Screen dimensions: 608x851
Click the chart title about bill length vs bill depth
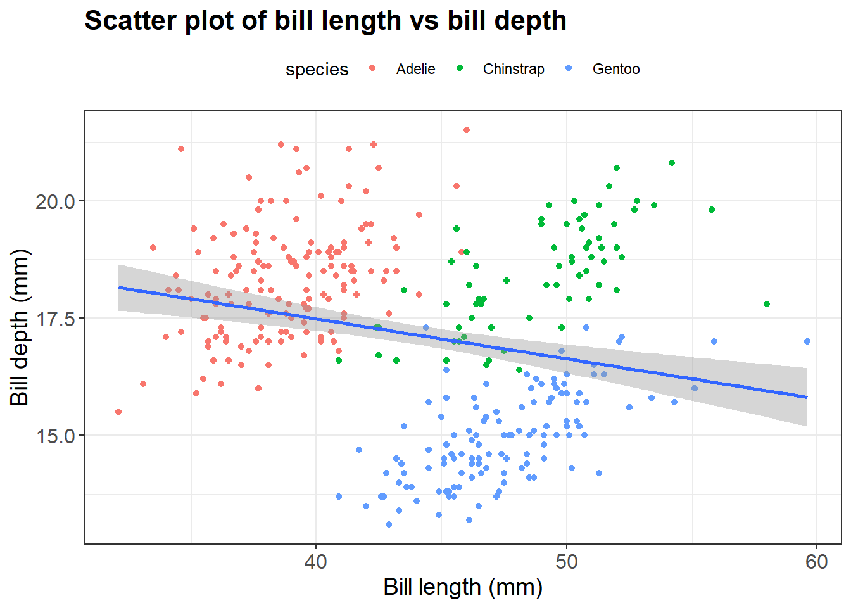[325, 21]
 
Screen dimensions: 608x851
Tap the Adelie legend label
[415, 69]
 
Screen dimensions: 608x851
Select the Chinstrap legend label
[514, 69]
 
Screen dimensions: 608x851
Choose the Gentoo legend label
[616, 69]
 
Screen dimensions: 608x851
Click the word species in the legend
[317, 69]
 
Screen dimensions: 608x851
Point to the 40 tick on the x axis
[315, 562]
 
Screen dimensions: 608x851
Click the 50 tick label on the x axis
[566, 562]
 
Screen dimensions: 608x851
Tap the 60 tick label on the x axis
[817, 562]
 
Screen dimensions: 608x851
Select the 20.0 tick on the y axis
[55, 201]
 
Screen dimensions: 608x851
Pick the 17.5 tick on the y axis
[55, 319]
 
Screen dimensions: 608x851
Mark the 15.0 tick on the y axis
[55, 436]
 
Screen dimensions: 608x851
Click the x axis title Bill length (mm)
[463, 587]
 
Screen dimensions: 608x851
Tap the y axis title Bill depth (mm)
[20, 327]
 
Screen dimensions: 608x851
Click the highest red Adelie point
[467, 130]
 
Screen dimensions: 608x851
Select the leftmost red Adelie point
[118, 412]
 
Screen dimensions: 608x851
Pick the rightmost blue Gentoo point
[807, 341]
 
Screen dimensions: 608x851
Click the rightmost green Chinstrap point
[767, 304]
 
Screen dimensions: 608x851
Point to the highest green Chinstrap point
[672, 163]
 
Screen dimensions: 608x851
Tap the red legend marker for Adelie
[372, 68]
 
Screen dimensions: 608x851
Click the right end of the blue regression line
[807, 397]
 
